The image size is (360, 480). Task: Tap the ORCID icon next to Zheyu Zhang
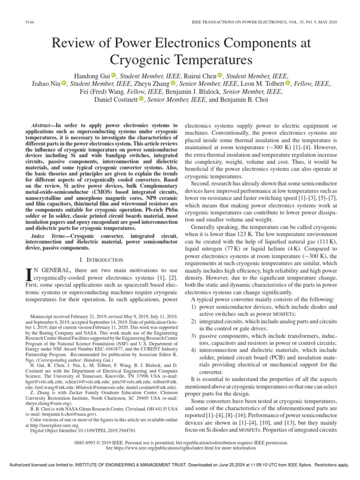coord(173,84)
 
